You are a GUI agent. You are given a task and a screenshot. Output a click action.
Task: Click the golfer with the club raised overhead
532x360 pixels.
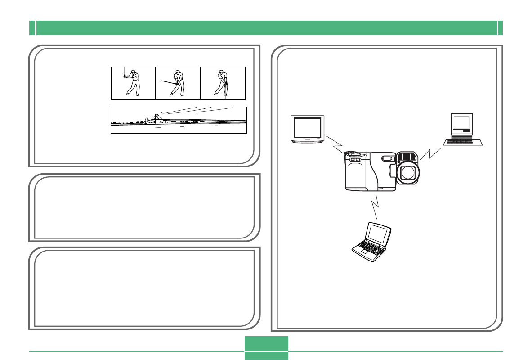[x=133, y=83]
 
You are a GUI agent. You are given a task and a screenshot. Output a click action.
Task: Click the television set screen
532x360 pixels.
[x=308, y=127]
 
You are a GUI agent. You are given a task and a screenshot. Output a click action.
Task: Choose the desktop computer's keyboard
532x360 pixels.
[x=463, y=142]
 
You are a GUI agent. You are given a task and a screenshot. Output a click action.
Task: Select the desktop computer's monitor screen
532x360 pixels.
[x=461, y=122]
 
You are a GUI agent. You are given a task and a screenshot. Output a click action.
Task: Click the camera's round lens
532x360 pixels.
[x=407, y=172]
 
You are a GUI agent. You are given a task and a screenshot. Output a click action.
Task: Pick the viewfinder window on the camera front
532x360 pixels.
[x=386, y=158]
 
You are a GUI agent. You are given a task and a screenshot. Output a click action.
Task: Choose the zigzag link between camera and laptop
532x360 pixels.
[x=375, y=207]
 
